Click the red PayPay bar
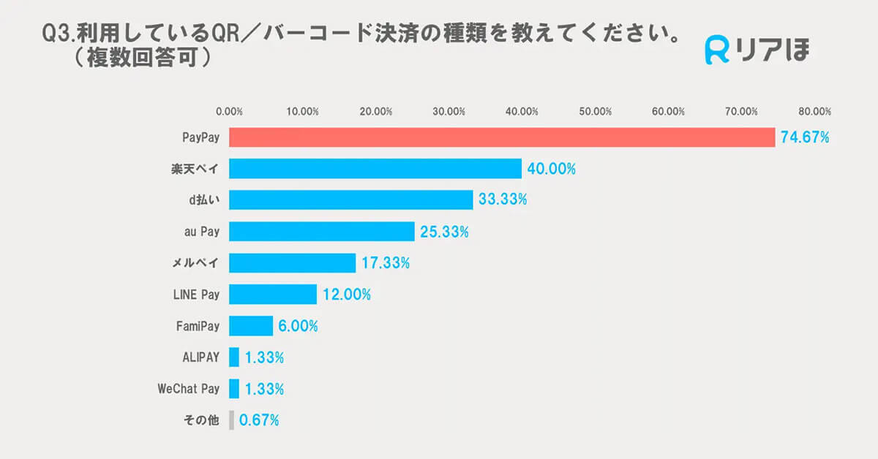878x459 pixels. [502, 137]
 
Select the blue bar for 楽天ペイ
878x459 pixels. [375, 169]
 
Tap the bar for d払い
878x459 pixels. [351, 200]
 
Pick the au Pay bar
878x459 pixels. [322, 232]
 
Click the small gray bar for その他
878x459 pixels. [232, 420]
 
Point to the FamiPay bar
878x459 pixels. [251, 326]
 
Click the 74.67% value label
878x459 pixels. [805, 137]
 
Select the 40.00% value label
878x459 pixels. [552, 169]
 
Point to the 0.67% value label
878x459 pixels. [259, 420]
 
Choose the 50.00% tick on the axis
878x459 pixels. [595, 112]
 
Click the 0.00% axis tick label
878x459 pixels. [229, 112]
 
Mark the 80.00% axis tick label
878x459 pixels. [814, 112]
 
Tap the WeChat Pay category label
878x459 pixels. [188, 389]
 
